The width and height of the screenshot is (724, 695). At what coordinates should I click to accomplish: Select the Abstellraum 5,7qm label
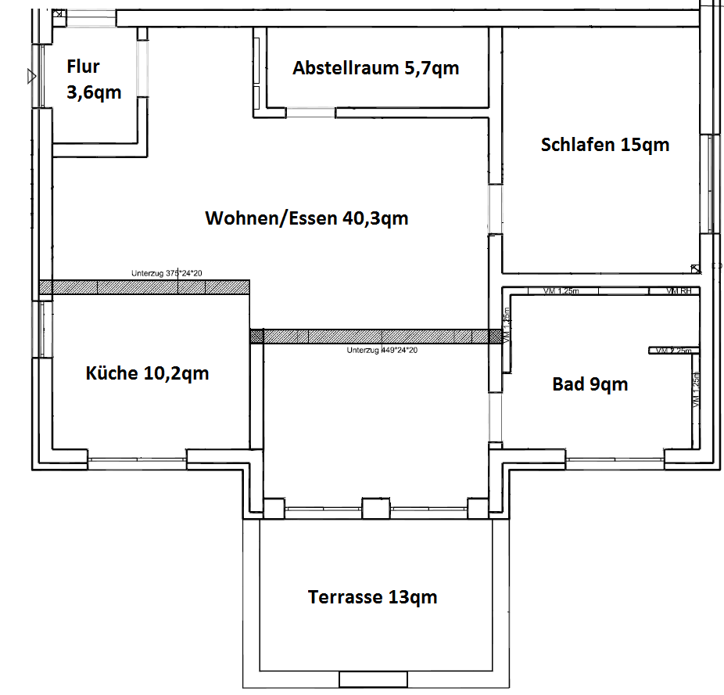[x=375, y=68]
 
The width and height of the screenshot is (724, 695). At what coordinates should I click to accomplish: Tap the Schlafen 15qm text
[x=604, y=145]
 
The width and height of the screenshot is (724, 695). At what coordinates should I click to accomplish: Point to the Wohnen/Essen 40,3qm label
[x=306, y=218]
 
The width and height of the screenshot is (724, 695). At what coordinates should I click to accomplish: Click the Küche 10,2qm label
[x=147, y=373]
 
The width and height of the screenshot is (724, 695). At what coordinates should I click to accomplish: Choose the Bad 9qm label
[x=590, y=384]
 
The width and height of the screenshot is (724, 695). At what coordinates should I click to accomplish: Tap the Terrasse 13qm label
[x=372, y=597]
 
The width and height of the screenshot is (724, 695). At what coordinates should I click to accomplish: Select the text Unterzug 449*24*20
[x=382, y=351]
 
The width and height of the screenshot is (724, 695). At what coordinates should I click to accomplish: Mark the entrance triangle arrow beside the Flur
[x=30, y=76]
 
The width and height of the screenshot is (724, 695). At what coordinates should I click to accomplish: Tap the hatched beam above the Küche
[x=144, y=287]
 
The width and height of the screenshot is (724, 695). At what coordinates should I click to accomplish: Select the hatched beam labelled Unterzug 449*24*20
[x=375, y=336]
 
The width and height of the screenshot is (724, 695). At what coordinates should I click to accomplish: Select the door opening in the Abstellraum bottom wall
[x=310, y=113]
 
